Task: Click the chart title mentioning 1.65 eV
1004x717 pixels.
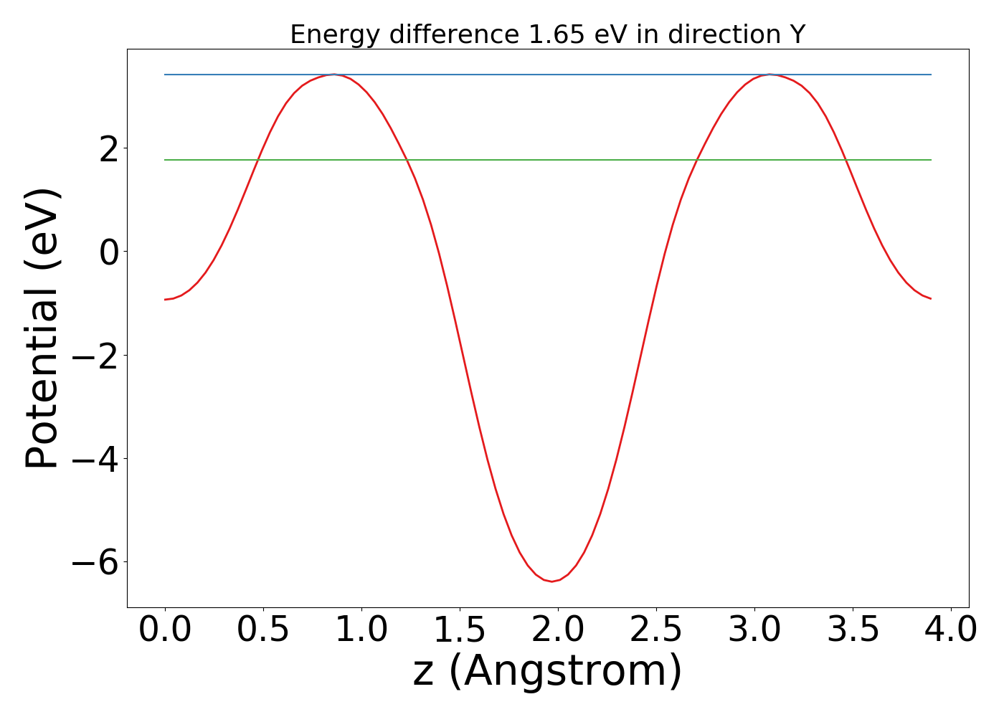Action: coord(548,34)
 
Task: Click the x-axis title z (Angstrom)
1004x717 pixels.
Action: coord(548,670)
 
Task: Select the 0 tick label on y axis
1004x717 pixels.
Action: coord(110,253)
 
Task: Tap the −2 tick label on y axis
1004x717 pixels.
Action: coord(96,356)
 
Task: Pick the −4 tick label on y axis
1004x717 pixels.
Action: coord(96,460)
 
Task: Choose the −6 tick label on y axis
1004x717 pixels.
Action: coord(96,563)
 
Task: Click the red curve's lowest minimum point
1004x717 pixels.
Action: coord(551,581)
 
